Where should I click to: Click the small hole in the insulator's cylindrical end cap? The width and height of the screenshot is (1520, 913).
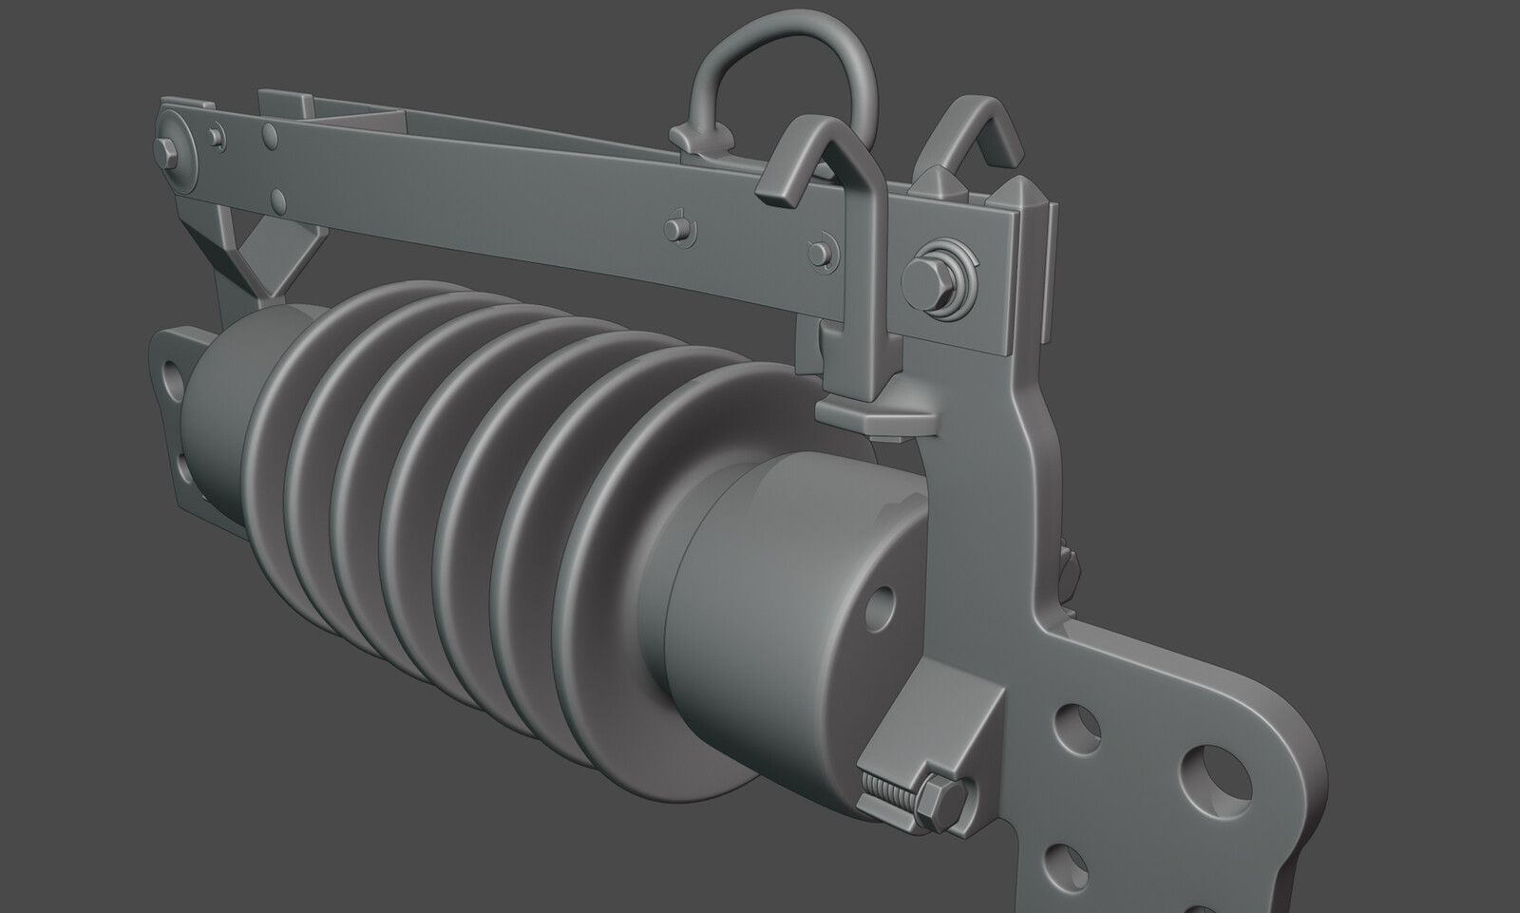(882, 599)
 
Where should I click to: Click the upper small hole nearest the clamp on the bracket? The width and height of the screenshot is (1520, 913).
(1075, 726)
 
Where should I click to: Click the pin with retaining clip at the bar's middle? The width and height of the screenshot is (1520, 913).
(675, 228)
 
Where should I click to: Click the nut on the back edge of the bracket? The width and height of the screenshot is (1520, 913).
(1069, 560)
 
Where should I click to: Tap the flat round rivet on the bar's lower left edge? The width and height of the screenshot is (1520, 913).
(277, 200)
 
